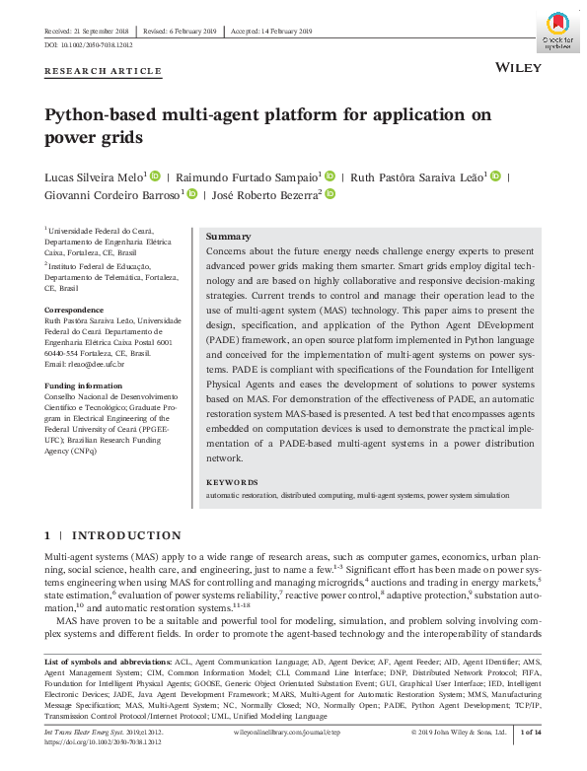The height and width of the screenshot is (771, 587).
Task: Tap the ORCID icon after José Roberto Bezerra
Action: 330,195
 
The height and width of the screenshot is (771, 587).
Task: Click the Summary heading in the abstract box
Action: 228,237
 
